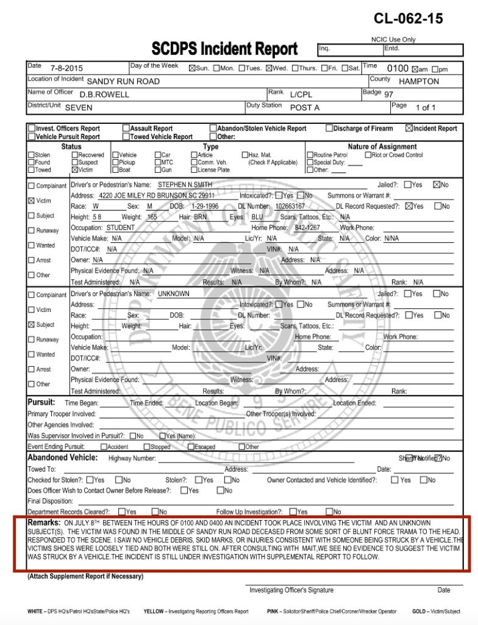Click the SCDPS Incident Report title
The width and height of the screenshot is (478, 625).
pos(224,49)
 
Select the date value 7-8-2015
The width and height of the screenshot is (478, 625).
pos(66,69)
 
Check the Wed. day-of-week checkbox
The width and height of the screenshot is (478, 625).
pos(269,68)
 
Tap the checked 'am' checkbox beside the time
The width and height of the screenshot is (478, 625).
pos(415,69)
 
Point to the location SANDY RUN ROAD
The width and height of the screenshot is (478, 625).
pos(123,81)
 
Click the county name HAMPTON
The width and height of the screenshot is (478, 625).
pos(419,81)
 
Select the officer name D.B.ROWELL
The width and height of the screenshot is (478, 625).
pos(104,95)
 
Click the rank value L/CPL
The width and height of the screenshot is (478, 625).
pos(301,95)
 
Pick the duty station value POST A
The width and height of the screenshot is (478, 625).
pos(304,107)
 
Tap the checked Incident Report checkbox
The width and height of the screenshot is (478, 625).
pos(408,129)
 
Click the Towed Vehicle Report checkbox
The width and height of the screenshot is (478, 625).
pos(126,137)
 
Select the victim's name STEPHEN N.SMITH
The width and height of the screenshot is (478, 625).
pos(186,184)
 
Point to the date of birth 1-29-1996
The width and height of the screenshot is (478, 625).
pos(204,206)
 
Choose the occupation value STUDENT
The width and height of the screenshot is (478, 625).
pos(121,228)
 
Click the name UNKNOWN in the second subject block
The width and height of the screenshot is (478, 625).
pos(173,294)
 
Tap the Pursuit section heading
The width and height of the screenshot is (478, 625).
pos(41,402)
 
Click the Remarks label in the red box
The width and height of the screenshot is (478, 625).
pos(44,523)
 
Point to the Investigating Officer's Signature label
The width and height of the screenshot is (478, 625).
pos(291,590)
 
